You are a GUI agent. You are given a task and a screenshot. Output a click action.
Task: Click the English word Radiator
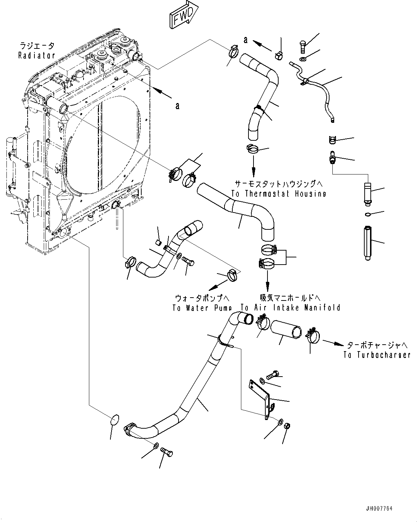click(x=37, y=56)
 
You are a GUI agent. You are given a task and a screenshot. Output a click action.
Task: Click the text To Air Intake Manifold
click(x=290, y=308)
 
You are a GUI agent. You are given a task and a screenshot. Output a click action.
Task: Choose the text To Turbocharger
click(x=376, y=355)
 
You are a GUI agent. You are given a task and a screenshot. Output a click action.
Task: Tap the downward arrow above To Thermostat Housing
click(x=253, y=166)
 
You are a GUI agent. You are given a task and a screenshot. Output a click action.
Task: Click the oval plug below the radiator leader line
click(x=114, y=420)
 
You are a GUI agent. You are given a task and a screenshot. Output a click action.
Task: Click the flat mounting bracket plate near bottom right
click(x=261, y=398)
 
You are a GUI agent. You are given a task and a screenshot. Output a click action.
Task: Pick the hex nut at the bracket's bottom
click(x=287, y=426)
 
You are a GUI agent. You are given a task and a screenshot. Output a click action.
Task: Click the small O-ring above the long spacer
click(x=367, y=215)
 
